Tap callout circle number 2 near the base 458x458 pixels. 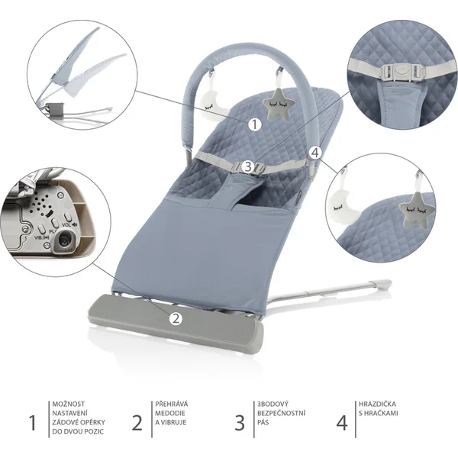point(176,318)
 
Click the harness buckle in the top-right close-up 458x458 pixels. point(397,69)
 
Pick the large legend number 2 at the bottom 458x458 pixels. point(137,422)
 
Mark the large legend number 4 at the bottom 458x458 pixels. point(343,422)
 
